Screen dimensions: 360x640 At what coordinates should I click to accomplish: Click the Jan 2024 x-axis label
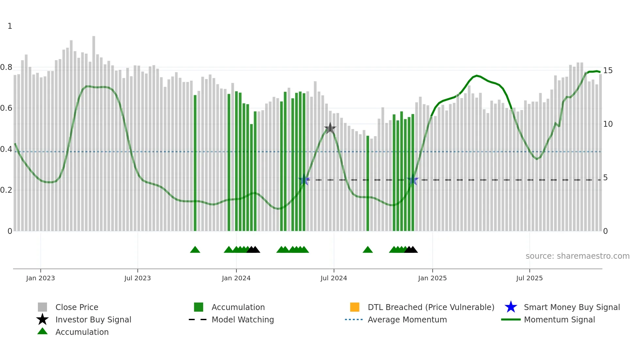click(236, 278)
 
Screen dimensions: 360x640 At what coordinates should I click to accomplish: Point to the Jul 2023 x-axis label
click(137, 278)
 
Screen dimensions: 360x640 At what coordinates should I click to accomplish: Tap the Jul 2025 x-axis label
click(529, 278)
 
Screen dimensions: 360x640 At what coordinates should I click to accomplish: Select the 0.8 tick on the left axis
click(6, 67)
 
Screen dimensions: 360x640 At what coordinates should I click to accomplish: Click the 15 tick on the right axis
click(608, 71)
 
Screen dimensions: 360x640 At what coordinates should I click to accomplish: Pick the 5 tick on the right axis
click(605, 178)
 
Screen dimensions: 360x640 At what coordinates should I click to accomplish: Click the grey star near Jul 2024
click(330, 128)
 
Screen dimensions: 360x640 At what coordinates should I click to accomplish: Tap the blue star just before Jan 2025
click(413, 180)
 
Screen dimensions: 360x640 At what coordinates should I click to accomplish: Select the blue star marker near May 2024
click(304, 180)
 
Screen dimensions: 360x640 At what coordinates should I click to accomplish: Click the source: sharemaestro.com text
click(577, 256)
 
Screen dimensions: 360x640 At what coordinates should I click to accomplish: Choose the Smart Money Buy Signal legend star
click(511, 307)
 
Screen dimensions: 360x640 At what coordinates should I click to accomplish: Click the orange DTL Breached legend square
click(355, 307)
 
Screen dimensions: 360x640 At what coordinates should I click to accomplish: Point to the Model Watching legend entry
click(243, 319)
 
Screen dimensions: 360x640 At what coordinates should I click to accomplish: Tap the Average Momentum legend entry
click(407, 319)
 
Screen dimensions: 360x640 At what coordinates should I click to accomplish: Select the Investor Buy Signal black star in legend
click(42, 319)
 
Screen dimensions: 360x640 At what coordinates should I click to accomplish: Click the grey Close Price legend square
click(42, 307)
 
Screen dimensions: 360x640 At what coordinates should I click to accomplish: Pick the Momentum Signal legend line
click(511, 319)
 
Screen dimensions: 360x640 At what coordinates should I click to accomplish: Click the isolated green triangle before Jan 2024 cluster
click(195, 250)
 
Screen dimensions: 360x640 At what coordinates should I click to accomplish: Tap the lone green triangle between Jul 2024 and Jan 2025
click(368, 250)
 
